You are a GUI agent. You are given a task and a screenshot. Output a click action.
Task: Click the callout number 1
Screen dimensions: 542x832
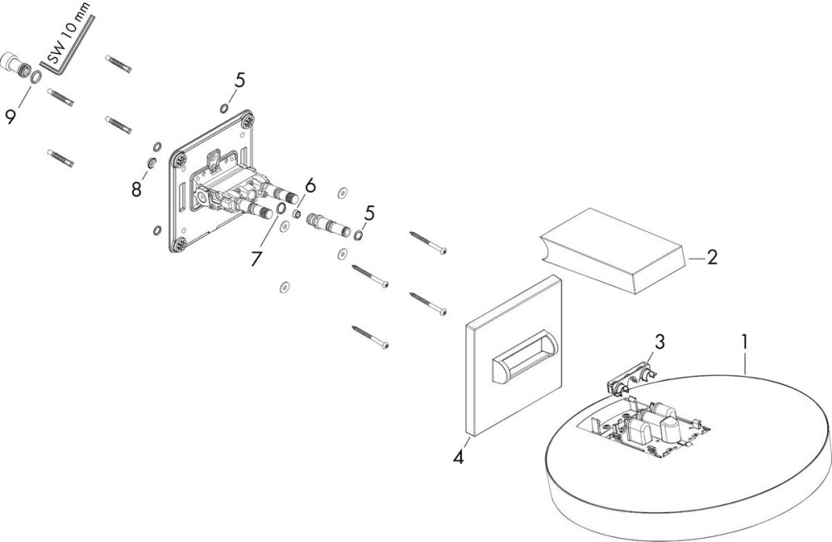coord(745,341)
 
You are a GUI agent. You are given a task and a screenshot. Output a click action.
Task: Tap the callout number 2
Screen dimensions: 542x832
coord(711,256)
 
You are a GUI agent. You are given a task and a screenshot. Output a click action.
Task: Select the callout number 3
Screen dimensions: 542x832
coord(659,342)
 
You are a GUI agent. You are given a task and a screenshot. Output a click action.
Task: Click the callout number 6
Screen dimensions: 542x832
coord(310,186)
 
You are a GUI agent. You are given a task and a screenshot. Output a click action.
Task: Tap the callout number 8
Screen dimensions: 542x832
coord(136,190)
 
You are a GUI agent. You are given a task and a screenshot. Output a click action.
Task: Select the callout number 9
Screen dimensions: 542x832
coord(11,115)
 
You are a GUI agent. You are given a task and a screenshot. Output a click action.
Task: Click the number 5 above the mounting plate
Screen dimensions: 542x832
coord(240,81)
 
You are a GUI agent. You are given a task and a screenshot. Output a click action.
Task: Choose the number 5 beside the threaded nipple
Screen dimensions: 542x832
coord(369,213)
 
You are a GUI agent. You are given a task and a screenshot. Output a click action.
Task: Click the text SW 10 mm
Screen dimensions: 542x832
coord(69,34)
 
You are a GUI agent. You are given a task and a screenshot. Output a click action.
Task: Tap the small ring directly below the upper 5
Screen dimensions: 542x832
coord(225,108)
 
